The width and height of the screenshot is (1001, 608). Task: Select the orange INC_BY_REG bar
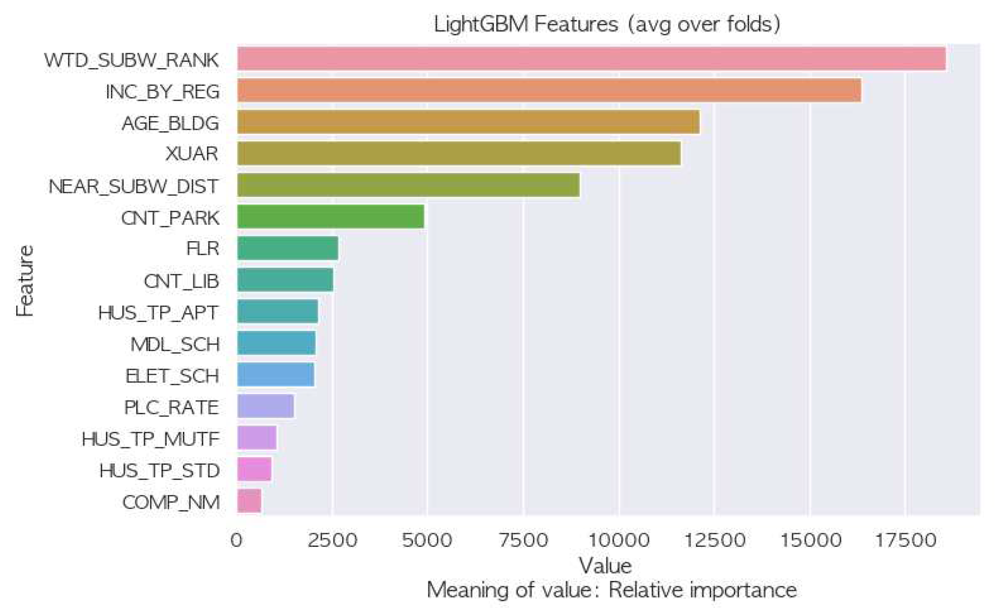pyautogui.click(x=549, y=90)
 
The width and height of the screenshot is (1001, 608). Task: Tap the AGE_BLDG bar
pyautogui.click(x=468, y=122)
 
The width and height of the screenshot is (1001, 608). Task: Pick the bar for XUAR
pyautogui.click(x=459, y=153)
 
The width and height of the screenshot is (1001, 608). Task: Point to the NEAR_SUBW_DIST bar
pyautogui.click(x=408, y=185)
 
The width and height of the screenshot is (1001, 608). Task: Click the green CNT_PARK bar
pyautogui.click(x=330, y=216)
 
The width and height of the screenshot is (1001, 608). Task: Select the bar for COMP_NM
pyautogui.click(x=249, y=501)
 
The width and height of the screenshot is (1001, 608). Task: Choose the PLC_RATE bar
pyautogui.click(x=265, y=406)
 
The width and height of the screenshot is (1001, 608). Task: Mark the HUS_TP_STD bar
pyautogui.click(x=254, y=469)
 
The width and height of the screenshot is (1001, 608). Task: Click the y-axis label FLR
pyautogui.click(x=203, y=248)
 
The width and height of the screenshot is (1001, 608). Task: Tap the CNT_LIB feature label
pyautogui.click(x=181, y=281)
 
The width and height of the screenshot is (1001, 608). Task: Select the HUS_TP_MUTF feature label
pyautogui.click(x=150, y=439)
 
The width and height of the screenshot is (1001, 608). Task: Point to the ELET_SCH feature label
pyautogui.click(x=172, y=376)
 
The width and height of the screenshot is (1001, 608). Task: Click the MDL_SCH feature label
pyautogui.click(x=175, y=344)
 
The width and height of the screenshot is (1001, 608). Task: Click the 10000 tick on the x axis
pyautogui.click(x=618, y=540)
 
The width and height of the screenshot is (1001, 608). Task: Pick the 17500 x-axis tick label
pyautogui.click(x=905, y=540)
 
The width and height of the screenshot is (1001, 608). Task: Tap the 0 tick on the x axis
pyautogui.click(x=237, y=540)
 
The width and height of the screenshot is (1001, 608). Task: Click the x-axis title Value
pyautogui.click(x=605, y=566)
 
